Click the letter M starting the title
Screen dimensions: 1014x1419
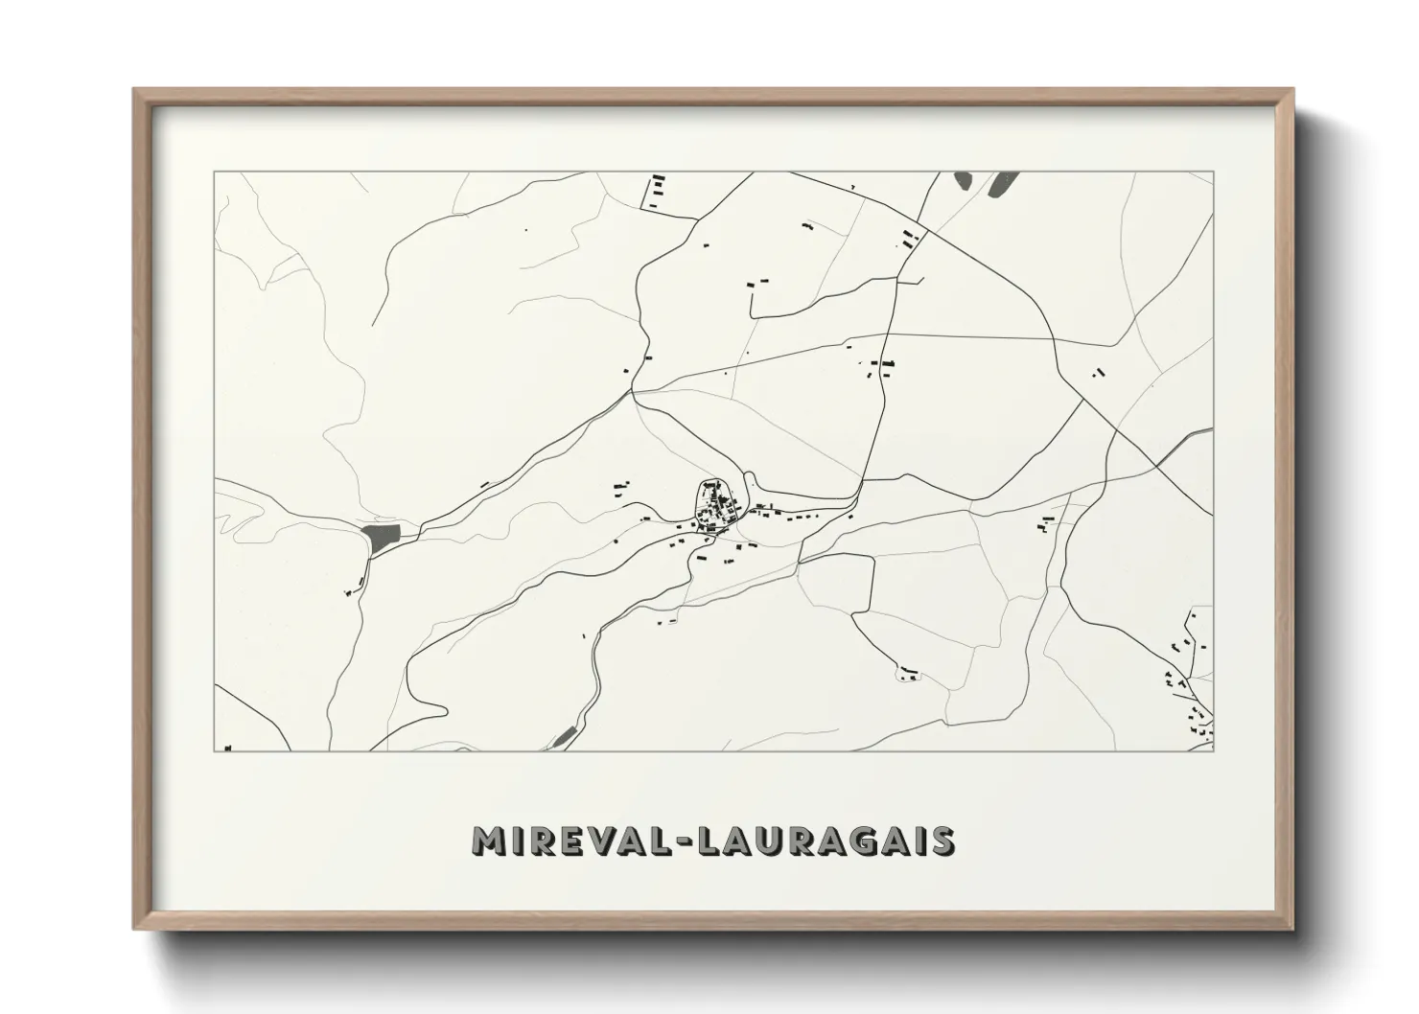[491, 841]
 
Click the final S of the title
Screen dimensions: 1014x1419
[942, 841]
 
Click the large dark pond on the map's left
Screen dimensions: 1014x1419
[379, 540]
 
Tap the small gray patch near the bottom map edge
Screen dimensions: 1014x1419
[564, 737]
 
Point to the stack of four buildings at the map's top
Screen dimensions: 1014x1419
[657, 191]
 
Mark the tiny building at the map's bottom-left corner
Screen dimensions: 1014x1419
[227, 748]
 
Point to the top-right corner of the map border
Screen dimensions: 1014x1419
[1213, 172]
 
